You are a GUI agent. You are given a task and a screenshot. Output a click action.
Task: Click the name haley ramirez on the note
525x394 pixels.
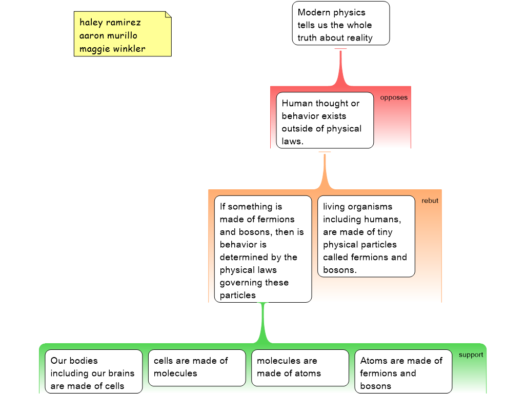coord(110,23)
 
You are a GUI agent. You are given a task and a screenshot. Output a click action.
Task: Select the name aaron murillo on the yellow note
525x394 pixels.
coord(108,35)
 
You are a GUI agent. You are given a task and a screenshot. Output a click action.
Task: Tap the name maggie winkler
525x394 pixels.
coord(112,49)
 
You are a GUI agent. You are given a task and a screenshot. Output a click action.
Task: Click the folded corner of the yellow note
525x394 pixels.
coord(168,14)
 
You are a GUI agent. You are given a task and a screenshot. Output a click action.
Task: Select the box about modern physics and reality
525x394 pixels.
coord(341,23)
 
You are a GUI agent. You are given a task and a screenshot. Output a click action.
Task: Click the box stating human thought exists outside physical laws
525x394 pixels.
coord(325,120)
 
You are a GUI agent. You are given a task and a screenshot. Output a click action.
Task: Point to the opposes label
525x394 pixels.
coord(394,97)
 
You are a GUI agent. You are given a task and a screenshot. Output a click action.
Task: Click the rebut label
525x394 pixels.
coord(430,201)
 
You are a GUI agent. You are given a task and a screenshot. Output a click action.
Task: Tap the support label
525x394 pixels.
coord(471,355)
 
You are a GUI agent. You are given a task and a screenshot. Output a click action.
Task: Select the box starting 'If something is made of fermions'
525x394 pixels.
coord(263,249)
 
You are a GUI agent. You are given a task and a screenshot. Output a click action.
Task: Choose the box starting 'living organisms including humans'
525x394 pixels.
coord(366,236)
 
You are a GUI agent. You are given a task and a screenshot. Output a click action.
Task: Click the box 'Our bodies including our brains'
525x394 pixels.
coord(94,371)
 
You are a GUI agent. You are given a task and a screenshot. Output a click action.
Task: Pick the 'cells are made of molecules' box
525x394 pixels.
coord(197,368)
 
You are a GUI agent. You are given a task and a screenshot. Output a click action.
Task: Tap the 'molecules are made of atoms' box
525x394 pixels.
coord(300,368)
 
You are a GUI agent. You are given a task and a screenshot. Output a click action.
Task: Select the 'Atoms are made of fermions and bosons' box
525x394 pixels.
coord(403,371)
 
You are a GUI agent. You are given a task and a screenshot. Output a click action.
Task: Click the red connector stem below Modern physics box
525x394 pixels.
coord(340,67)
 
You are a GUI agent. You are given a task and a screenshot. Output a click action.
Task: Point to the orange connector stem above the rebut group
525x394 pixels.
coord(325,170)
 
